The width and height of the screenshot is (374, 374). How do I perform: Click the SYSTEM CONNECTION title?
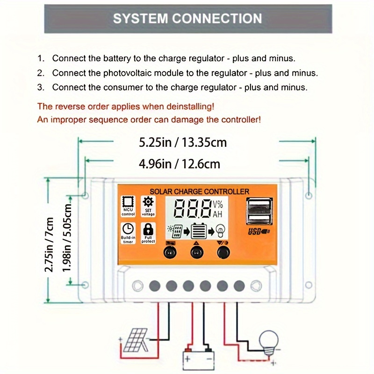(187, 19)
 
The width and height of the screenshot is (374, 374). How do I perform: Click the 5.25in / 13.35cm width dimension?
(183, 142)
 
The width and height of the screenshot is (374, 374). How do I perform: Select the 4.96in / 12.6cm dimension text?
(180, 164)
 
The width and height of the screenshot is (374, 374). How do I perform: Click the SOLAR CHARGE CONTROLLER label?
(199, 191)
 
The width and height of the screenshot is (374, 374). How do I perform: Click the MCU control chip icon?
(128, 202)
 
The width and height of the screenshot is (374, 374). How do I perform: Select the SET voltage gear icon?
(148, 202)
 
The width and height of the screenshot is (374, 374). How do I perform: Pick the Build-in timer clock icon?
(128, 229)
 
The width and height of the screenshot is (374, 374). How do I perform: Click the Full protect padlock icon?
(148, 229)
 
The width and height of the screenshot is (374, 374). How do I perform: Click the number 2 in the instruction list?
(41, 73)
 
